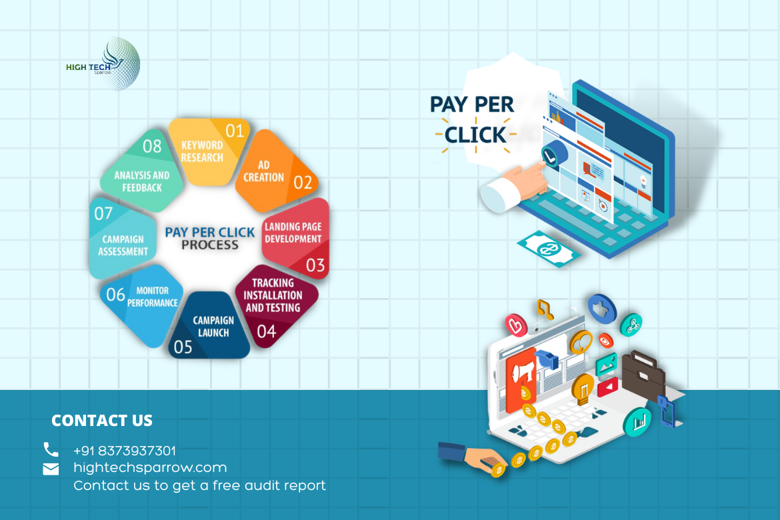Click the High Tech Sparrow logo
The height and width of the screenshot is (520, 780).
point(103,64)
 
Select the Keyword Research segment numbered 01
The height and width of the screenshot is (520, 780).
point(209,151)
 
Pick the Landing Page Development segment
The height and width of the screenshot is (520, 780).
point(297,239)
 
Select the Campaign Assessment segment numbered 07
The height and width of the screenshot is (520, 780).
point(122,238)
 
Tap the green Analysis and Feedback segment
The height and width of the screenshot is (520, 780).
point(142,171)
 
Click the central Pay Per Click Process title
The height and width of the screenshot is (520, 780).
point(209,239)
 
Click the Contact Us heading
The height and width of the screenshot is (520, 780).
point(102,421)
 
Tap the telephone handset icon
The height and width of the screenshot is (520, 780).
point(51,449)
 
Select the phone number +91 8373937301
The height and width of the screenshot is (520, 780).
point(125,451)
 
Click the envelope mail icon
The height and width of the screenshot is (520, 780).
point(51,469)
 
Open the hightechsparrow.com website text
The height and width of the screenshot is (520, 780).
point(150,468)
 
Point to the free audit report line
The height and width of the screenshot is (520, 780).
point(199,485)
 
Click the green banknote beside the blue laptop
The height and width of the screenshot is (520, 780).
point(548,249)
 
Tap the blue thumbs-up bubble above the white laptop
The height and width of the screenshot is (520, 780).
point(602,309)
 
